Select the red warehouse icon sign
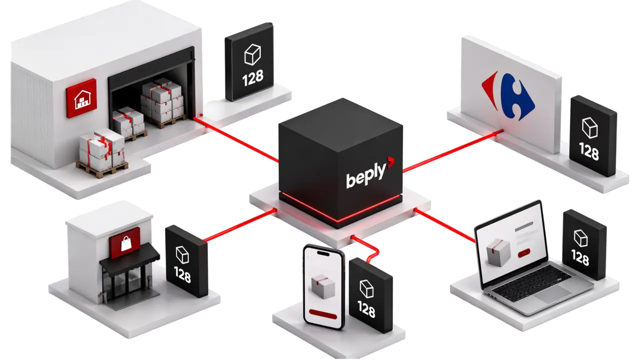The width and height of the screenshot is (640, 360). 81,98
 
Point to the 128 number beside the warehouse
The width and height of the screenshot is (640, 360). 253,78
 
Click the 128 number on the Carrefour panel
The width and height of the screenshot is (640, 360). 589,151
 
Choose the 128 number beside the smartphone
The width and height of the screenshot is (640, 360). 366,309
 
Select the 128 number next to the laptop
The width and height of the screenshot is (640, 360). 580,257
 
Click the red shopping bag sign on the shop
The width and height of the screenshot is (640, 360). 125,243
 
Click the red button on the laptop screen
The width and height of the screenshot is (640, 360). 524,253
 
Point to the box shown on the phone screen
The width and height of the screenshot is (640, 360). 323,286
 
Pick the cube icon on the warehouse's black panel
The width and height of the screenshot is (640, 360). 252,54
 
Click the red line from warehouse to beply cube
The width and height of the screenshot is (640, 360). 236,139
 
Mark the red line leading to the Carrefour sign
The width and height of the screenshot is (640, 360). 453,151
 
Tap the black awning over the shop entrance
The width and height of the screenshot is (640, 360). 129,257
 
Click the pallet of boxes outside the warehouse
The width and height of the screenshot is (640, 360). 102,153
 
